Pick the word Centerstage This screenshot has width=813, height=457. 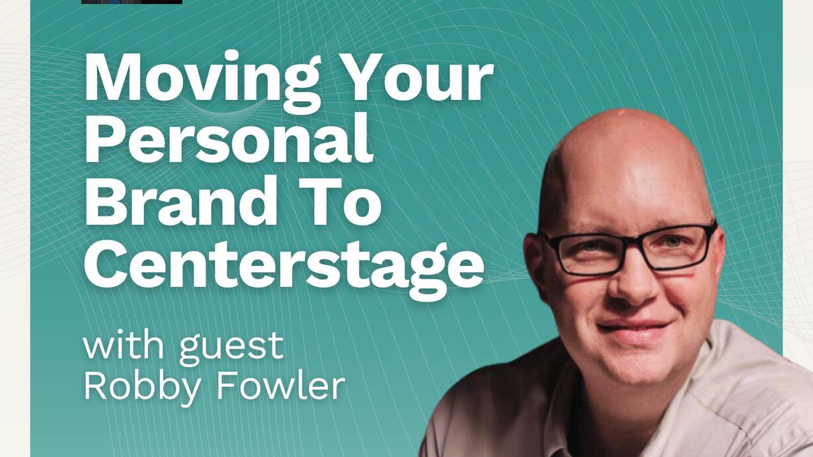(x=284, y=266)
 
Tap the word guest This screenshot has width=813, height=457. (x=231, y=349)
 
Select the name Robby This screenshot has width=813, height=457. (x=142, y=389)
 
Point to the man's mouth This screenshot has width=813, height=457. (x=633, y=328)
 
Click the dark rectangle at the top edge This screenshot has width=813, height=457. (x=132, y=2)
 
